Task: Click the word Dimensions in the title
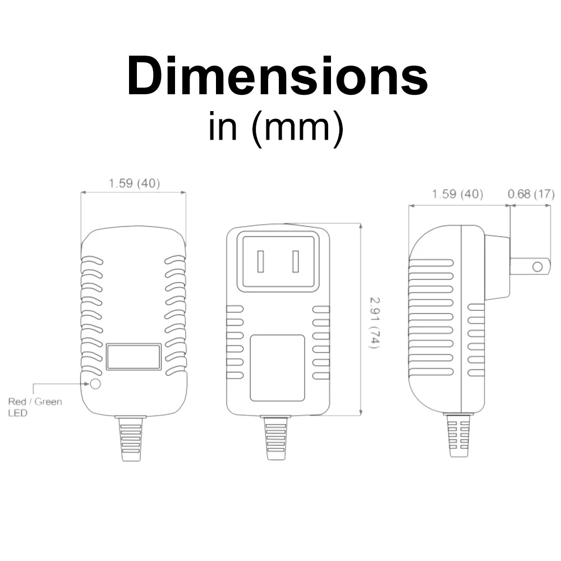pyautogui.click(x=277, y=76)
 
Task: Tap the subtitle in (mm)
pyautogui.click(x=276, y=128)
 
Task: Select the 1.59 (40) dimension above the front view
pyautogui.click(x=134, y=183)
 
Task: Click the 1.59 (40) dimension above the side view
pyautogui.click(x=458, y=194)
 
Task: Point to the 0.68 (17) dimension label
pyautogui.click(x=531, y=194)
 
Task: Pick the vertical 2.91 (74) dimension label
pyautogui.click(x=375, y=323)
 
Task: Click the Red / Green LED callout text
pyautogui.click(x=35, y=407)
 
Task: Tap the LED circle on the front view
pyautogui.click(x=95, y=384)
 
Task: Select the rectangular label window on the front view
pyautogui.click(x=134, y=357)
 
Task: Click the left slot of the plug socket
pyautogui.click(x=260, y=261)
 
